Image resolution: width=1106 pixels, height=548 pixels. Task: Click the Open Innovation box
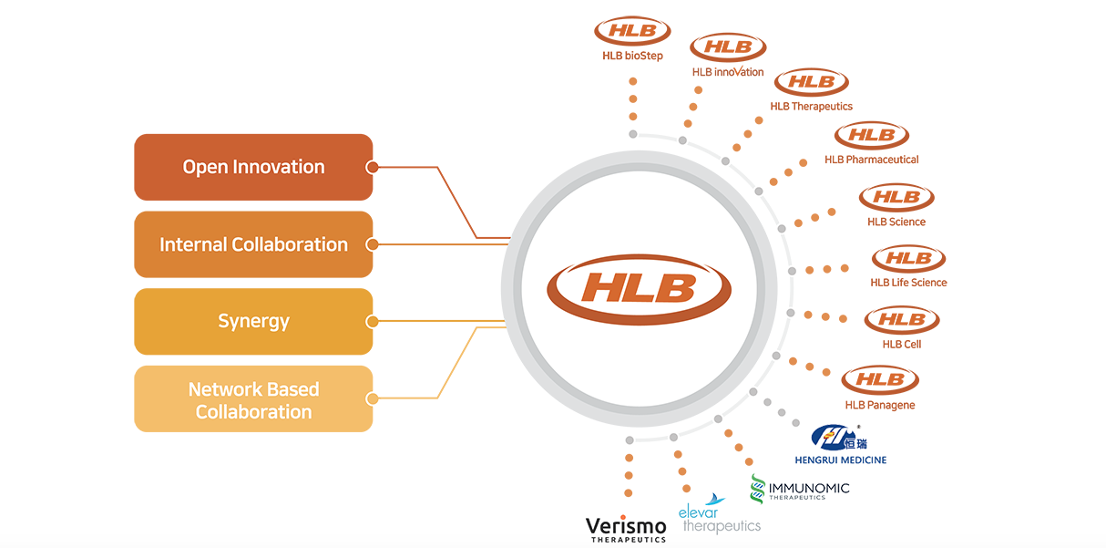(253, 167)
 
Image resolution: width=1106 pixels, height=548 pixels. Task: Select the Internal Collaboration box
(253, 244)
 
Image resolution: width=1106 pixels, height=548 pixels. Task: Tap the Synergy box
(253, 321)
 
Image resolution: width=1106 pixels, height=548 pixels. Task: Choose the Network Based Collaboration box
(253, 399)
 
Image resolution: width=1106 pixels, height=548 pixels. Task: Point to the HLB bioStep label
(632, 56)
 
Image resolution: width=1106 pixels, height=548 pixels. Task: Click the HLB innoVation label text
(728, 72)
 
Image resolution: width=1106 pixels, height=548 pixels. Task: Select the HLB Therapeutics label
(811, 106)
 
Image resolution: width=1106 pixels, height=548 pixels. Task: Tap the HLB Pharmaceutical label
(871, 160)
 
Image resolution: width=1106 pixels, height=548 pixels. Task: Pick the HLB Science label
(896, 222)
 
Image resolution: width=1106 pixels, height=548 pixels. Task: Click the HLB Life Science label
(908, 283)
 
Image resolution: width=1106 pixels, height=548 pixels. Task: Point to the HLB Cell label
(901, 345)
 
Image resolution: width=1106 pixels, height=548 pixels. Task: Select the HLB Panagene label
(879, 405)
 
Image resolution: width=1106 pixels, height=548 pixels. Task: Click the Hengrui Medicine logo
(838, 445)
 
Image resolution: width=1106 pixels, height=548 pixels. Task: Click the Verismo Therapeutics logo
(625, 529)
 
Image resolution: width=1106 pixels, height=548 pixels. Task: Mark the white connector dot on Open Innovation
(372, 167)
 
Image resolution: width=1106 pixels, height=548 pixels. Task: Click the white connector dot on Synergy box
(372, 321)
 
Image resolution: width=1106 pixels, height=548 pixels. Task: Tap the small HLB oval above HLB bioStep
(632, 30)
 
